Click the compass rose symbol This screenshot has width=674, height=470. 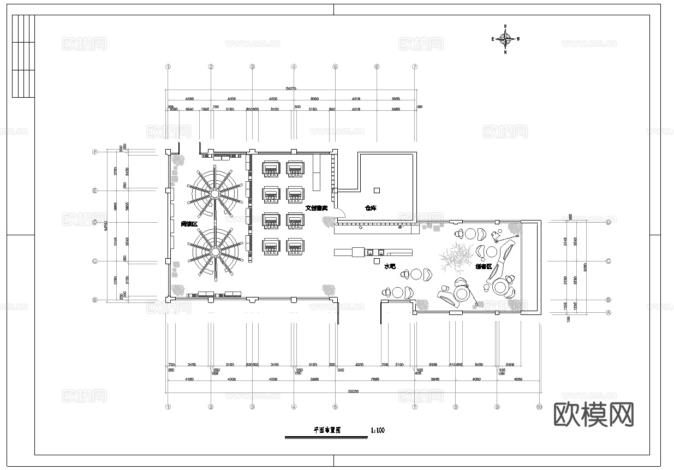point(505,39)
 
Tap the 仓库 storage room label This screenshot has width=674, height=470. point(371,208)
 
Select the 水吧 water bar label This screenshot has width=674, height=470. point(390,266)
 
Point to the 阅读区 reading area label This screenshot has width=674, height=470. point(189,224)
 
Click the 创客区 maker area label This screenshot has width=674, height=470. point(484,266)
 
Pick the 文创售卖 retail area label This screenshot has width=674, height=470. point(316,208)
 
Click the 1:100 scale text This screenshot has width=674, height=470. point(378,430)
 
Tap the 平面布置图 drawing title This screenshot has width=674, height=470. point(327,430)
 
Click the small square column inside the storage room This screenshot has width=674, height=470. point(377,190)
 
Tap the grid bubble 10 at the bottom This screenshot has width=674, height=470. point(539,407)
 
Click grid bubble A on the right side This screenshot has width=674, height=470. point(609,313)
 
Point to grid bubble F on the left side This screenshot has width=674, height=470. point(95,152)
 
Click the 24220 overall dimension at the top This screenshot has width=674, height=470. point(290,88)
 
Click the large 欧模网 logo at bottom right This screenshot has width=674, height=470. point(594,415)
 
